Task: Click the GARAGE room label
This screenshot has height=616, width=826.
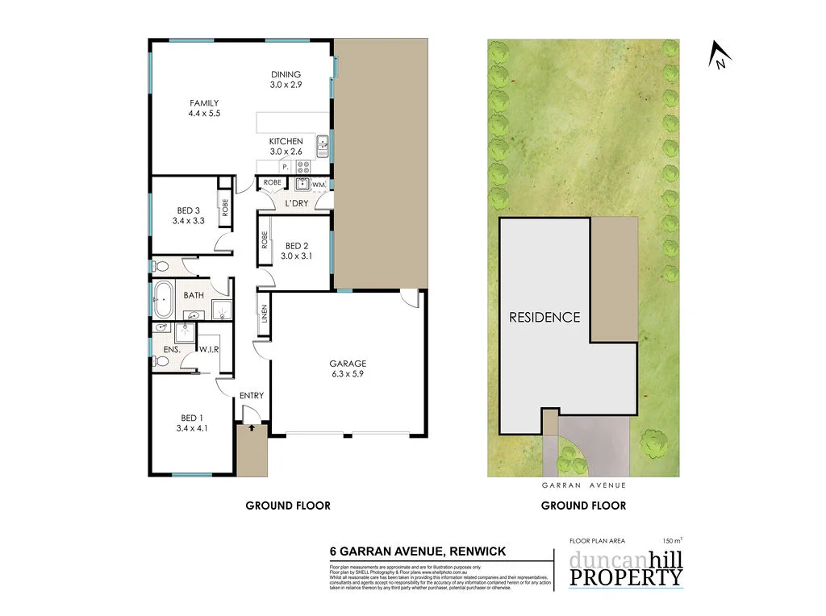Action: [x=347, y=364]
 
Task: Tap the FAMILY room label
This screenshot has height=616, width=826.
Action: [x=204, y=103]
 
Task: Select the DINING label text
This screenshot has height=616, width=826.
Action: [x=286, y=74]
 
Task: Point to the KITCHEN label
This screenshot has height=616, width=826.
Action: [x=286, y=141]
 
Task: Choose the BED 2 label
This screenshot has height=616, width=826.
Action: [x=297, y=246]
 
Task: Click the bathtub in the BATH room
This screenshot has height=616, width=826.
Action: [x=164, y=299]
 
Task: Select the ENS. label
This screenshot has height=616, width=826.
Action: [x=171, y=349]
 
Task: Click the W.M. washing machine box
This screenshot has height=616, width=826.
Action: [x=318, y=185]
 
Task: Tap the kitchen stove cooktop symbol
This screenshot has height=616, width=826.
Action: [x=304, y=167]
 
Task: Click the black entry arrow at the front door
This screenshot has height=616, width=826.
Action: [x=252, y=428]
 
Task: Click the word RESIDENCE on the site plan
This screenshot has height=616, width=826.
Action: [x=544, y=317]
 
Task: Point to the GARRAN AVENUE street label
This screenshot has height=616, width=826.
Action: [x=583, y=485]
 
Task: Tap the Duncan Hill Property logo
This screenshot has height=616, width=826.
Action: [x=626, y=568]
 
